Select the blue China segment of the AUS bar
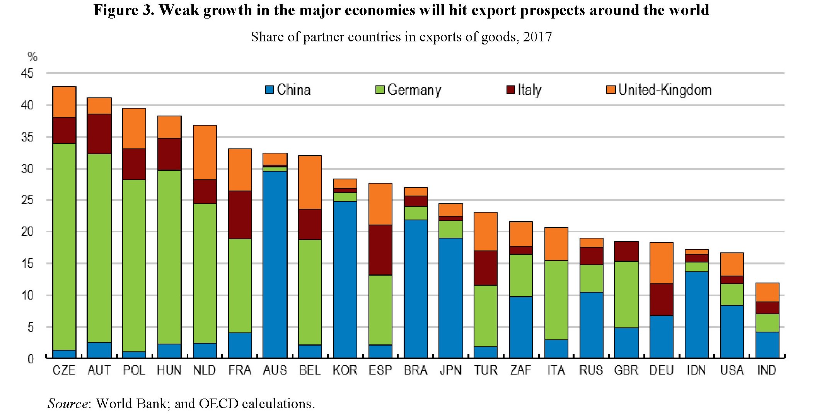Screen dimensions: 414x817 (x=275, y=264)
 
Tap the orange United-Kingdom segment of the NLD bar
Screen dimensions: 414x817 (x=205, y=152)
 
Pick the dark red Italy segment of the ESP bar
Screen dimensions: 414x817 (x=380, y=250)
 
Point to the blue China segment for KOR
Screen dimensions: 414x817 (x=345, y=279)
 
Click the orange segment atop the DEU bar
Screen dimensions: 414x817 (x=662, y=263)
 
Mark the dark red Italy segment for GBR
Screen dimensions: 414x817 (x=626, y=251)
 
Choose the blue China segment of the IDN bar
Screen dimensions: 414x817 (x=697, y=315)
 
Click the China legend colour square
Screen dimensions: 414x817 (x=269, y=90)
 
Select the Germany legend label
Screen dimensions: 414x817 (x=414, y=90)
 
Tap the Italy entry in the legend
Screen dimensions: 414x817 (x=529, y=90)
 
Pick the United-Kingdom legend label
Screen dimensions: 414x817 (x=665, y=90)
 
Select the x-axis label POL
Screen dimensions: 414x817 (x=134, y=370)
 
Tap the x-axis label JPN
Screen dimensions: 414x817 (x=450, y=370)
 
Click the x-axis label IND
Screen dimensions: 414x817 (x=767, y=370)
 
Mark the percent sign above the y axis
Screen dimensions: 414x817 (x=32, y=57)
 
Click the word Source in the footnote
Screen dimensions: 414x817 (x=67, y=404)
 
